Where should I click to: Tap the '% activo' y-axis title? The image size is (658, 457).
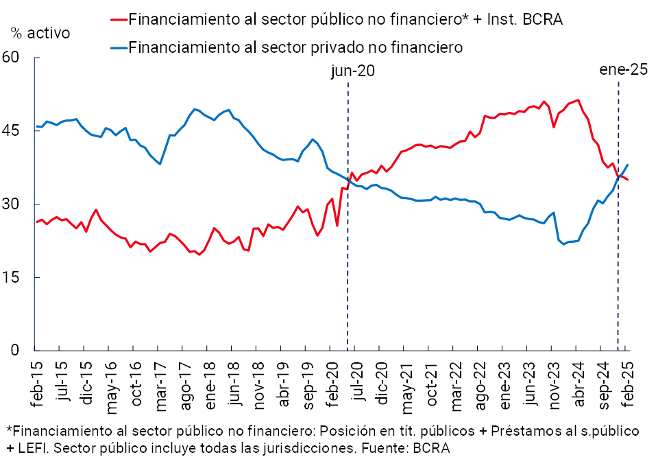40,32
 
